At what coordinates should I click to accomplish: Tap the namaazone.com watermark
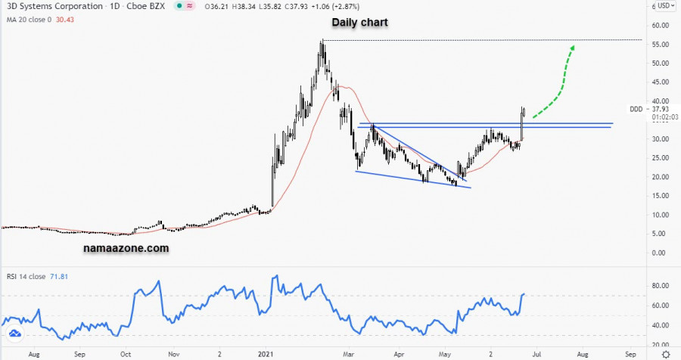[x=126, y=247]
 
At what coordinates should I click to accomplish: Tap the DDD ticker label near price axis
[x=636, y=109]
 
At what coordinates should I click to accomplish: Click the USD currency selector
[x=664, y=6]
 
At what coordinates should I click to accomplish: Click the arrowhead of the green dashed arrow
[x=572, y=48]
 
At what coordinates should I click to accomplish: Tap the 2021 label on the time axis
[x=265, y=352]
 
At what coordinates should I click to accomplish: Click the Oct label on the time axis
[x=126, y=352]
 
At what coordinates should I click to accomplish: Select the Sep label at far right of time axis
[x=630, y=352]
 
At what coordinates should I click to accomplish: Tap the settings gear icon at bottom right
[x=664, y=352]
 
